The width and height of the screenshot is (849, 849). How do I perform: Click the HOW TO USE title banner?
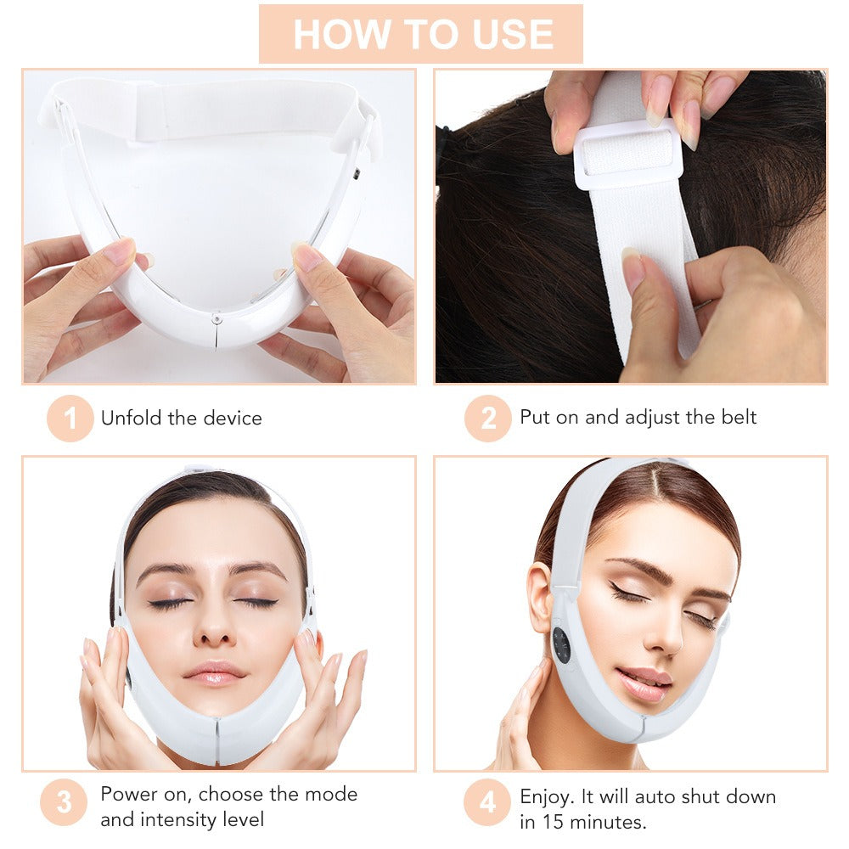pyautogui.click(x=421, y=34)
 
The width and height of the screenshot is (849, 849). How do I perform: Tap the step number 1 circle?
pyautogui.click(x=70, y=418)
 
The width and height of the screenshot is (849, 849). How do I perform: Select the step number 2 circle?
pyautogui.click(x=487, y=418)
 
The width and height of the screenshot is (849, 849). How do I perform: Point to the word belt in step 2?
pyautogui.click(x=737, y=417)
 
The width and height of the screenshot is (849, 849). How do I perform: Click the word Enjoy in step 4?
pyautogui.click(x=547, y=796)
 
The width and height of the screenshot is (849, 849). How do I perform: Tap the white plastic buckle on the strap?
pyautogui.click(x=628, y=154)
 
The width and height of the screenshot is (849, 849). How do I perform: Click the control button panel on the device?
pyautogui.click(x=561, y=645)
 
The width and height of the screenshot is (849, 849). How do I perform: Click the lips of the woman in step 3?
pyautogui.click(x=214, y=672)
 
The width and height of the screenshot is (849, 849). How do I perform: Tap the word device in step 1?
pyautogui.click(x=233, y=418)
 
